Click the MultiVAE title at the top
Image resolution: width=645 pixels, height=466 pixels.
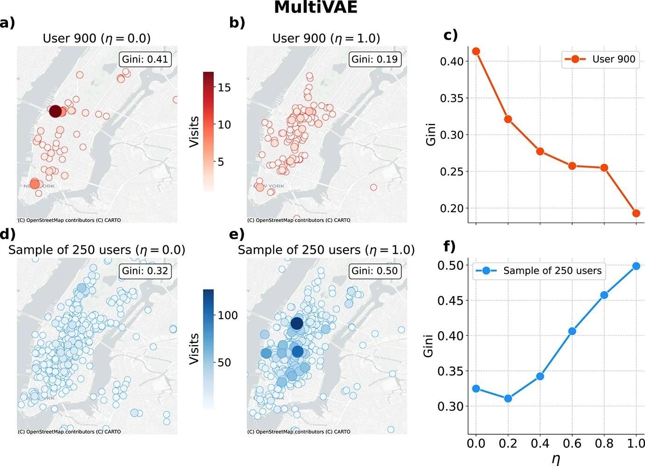click(x=315, y=7)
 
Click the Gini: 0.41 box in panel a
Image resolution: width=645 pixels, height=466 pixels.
click(x=145, y=59)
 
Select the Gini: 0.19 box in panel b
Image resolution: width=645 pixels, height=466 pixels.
click(x=374, y=59)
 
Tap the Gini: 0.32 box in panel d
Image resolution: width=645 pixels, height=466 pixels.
click(x=145, y=271)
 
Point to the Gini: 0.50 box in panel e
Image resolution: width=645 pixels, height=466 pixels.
click(x=374, y=271)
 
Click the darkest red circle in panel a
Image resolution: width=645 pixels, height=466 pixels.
click(x=55, y=111)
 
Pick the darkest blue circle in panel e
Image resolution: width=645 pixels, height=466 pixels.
click(x=297, y=323)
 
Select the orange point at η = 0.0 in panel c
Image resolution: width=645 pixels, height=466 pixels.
click(x=476, y=51)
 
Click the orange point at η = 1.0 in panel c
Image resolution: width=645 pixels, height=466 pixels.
click(x=636, y=213)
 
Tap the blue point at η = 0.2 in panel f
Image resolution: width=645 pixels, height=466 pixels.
click(x=508, y=398)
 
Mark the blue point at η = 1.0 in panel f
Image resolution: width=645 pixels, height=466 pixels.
click(x=636, y=266)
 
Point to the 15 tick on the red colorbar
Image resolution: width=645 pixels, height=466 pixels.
click(x=224, y=88)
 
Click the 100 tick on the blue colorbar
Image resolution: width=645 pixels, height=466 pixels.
click(x=227, y=315)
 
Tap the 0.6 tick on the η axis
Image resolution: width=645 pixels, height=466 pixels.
click(x=572, y=443)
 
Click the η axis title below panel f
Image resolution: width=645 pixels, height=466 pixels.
click(x=556, y=459)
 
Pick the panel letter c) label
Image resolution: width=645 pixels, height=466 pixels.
click(x=450, y=35)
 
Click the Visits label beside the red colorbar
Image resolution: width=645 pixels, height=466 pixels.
click(x=195, y=132)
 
